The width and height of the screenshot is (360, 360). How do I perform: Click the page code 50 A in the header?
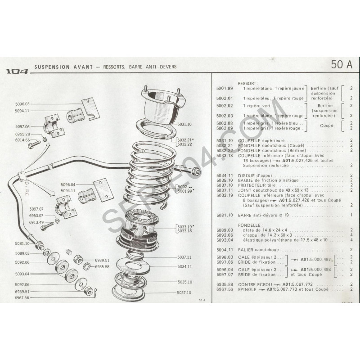[x=342, y=64]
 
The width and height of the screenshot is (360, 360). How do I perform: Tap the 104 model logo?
[x=17, y=71]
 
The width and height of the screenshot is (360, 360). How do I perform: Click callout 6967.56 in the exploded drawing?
[x=22, y=298]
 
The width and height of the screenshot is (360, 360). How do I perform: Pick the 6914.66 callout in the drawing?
[x=22, y=140]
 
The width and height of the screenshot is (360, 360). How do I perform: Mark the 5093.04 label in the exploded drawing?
[x=22, y=274]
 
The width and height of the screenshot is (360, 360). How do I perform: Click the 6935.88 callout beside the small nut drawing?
[x=103, y=267]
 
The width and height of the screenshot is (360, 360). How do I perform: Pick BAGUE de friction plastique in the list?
[x=263, y=180]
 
